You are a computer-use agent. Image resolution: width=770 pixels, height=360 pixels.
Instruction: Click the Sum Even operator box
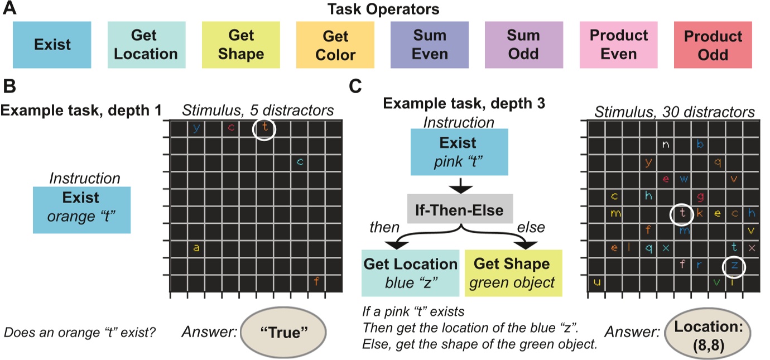430,45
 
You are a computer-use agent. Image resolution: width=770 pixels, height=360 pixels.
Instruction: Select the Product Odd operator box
713,45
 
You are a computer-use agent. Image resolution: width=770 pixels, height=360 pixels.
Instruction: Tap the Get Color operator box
335,45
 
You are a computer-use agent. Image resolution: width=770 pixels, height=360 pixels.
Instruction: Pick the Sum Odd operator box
524,45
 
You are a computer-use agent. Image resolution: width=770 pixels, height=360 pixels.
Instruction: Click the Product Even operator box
618,45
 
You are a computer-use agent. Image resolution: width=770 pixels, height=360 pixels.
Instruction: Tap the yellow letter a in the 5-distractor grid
196,248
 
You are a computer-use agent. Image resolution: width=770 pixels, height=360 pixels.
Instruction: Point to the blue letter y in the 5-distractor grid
196,128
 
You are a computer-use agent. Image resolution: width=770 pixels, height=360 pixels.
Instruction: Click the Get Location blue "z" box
410,273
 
